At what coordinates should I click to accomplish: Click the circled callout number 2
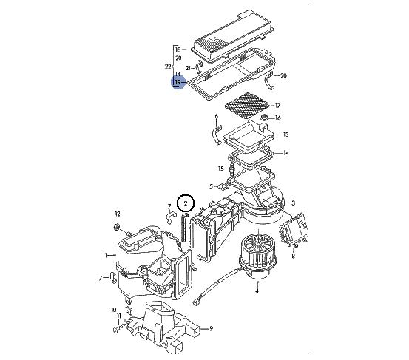[x=186, y=203]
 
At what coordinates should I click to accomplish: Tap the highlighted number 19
[x=178, y=82]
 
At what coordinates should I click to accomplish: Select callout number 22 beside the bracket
[x=168, y=67]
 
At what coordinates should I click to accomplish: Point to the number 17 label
[x=277, y=105]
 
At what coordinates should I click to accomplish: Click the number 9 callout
[x=211, y=328]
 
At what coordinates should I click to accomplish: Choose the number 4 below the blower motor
[x=257, y=291]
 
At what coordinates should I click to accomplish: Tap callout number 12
[x=118, y=214]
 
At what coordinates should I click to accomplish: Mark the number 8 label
[x=293, y=256]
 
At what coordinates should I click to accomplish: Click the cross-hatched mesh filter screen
[x=247, y=105]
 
